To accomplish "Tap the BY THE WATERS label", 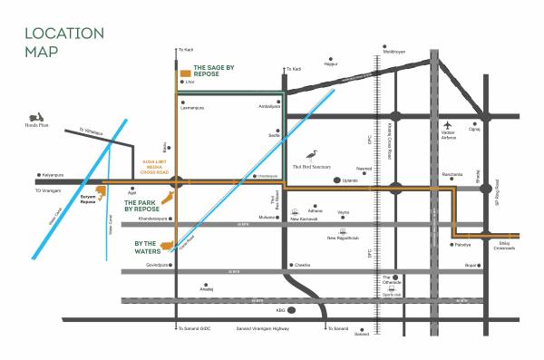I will tap(145, 246).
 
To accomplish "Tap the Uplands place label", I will tap(350, 181).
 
